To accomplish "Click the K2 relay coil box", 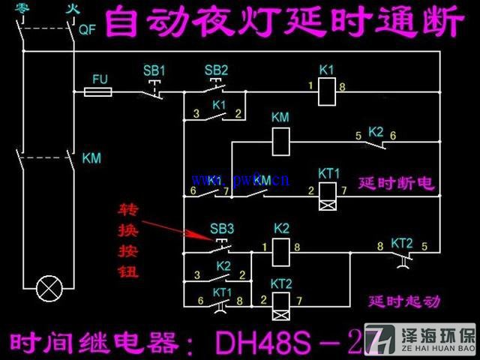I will pyautogui.click(x=281, y=247).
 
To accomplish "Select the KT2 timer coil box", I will pyautogui.click(x=281, y=300).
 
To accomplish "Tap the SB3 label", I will pyautogui.click(x=221, y=228).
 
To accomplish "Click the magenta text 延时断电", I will pyautogui.click(x=397, y=183).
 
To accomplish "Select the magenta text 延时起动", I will pyautogui.click(x=404, y=301).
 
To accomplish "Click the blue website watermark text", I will pyautogui.click(x=240, y=180).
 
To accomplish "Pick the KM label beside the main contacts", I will pyautogui.click(x=91, y=158).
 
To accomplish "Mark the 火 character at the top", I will pyautogui.click(x=71, y=9).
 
